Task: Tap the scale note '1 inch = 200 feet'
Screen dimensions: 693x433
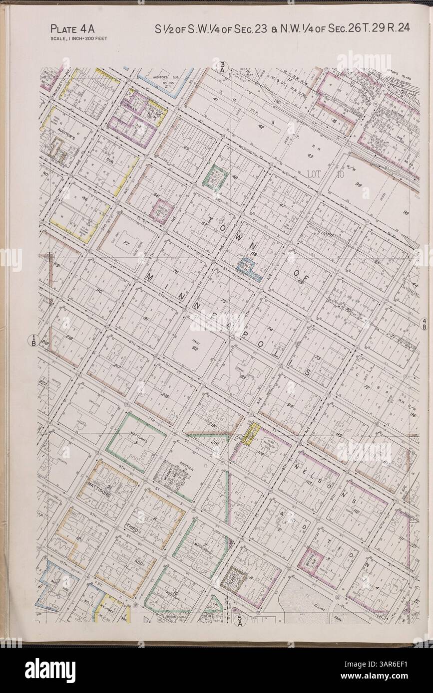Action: click(78, 38)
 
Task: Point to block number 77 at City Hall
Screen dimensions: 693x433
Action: click(127, 244)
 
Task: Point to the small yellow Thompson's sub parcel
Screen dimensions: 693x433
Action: click(248, 433)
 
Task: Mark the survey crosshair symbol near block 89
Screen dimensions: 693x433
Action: click(49, 257)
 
